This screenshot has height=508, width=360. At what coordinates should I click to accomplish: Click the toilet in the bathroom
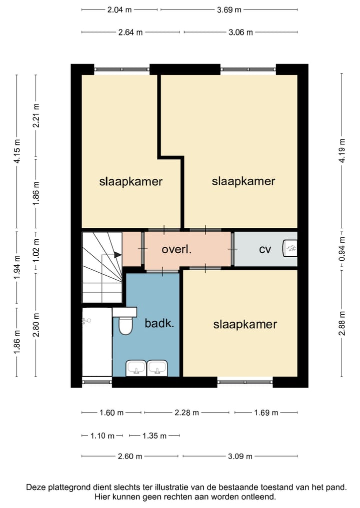click(x=126, y=325)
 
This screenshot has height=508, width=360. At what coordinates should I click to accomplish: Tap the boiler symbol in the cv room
click(x=289, y=248)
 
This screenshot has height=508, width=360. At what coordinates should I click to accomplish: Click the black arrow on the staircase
click(x=117, y=255)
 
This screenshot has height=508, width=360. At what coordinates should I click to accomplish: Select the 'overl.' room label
click(x=177, y=249)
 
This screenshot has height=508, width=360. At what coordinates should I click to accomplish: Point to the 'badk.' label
click(x=159, y=323)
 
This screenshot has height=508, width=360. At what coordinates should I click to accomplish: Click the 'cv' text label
click(x=265, y=249)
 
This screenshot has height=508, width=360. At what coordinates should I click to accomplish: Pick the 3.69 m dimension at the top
click(x=229, y=9)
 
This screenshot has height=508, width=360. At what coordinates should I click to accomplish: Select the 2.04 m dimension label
click(x=119, y=9)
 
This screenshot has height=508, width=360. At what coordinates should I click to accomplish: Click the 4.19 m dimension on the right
click(x=342, y=151)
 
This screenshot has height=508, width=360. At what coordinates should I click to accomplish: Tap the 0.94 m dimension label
click(x=342, y=249)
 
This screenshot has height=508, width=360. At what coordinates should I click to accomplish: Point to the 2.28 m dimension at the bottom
click(x=187, y=413)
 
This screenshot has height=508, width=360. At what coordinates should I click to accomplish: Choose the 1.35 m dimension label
click(x=154, y=436)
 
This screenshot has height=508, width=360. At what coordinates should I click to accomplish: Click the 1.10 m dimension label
click(x=102, y=436)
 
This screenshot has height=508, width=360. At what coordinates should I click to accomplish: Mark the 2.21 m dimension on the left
click(x=36, y=116)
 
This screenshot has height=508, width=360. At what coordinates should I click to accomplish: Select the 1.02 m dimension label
click(x=36, y=251)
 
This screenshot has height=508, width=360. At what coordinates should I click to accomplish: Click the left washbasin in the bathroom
click(x=136, y=368)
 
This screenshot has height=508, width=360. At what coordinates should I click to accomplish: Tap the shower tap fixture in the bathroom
click(x=86, y=321)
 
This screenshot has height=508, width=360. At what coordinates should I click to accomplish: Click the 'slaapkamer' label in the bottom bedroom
click(x=245, y=324)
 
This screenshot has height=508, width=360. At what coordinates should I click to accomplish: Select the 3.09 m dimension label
click(x=240, y=457)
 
